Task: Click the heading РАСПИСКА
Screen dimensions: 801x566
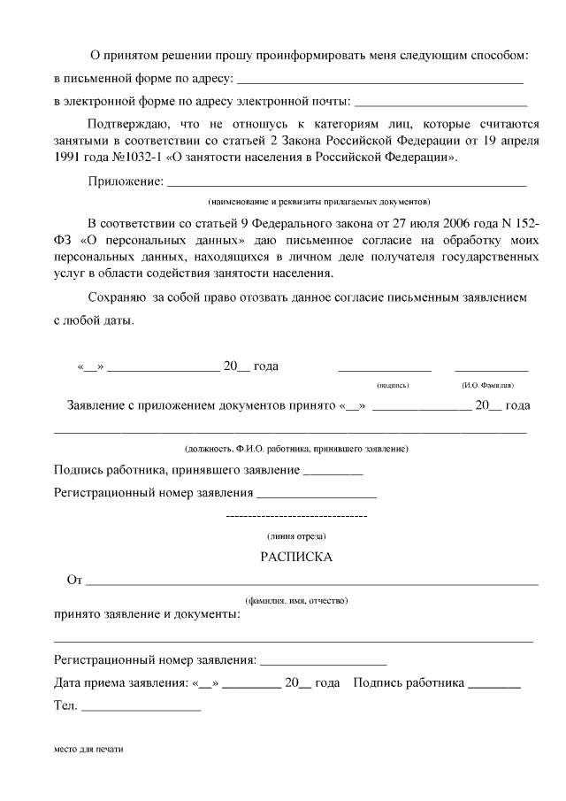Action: (x=296, y=558)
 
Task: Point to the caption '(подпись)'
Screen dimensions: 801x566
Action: (x=393, y=386)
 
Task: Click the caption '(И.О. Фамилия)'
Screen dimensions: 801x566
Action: (x=487, y=386)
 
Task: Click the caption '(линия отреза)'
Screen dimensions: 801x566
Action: (x=296, y=536)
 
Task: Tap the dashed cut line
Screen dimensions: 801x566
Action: (x=296, y=515)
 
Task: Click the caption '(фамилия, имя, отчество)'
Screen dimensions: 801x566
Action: (x=296, y=601)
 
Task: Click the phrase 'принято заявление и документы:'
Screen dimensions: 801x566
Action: (x=147, y=614)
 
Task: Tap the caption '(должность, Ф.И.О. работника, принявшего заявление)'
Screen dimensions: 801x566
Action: (x=296, y=449)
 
